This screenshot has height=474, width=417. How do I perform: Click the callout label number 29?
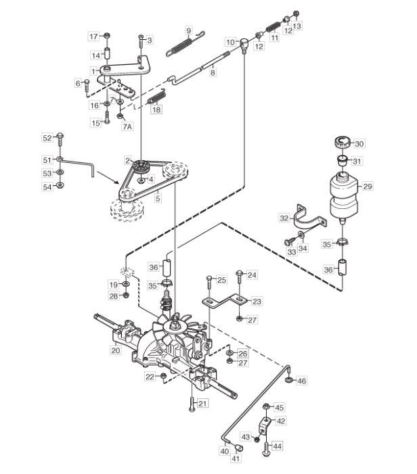pos(368,186)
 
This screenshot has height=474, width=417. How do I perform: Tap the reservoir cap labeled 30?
pos(343,142)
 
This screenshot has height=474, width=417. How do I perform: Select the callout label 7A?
pos(127,126)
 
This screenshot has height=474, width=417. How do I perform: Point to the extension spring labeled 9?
pos(185,43)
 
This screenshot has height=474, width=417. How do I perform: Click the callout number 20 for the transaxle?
pos(116,350)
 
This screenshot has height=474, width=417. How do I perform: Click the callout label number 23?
pos(257,301)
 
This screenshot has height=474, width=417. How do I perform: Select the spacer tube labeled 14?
pos(107,53)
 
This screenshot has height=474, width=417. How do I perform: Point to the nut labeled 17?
pos(106,36)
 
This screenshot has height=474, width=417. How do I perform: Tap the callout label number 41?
pos(236,458)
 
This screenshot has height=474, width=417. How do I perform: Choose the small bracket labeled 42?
pos(264,425)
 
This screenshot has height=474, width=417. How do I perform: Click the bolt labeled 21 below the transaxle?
pos(192,404)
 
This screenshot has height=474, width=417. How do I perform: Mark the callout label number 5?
pos(158,198)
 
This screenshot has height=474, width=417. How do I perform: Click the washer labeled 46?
pos(288,379)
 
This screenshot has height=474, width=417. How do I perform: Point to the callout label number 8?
pos(213,72)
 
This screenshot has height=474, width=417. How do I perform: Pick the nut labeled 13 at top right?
pos(297,14)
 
